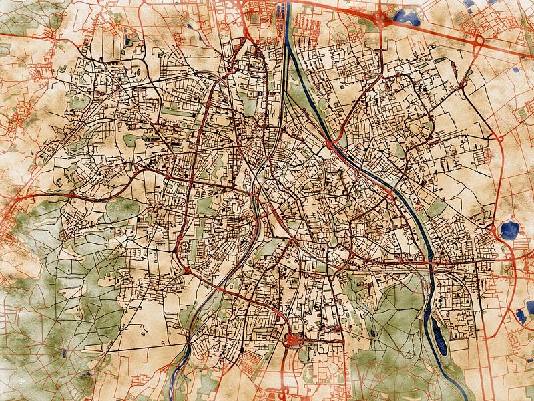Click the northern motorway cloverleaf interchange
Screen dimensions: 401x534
[381, 19]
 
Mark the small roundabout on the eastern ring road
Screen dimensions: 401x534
[497, 140]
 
